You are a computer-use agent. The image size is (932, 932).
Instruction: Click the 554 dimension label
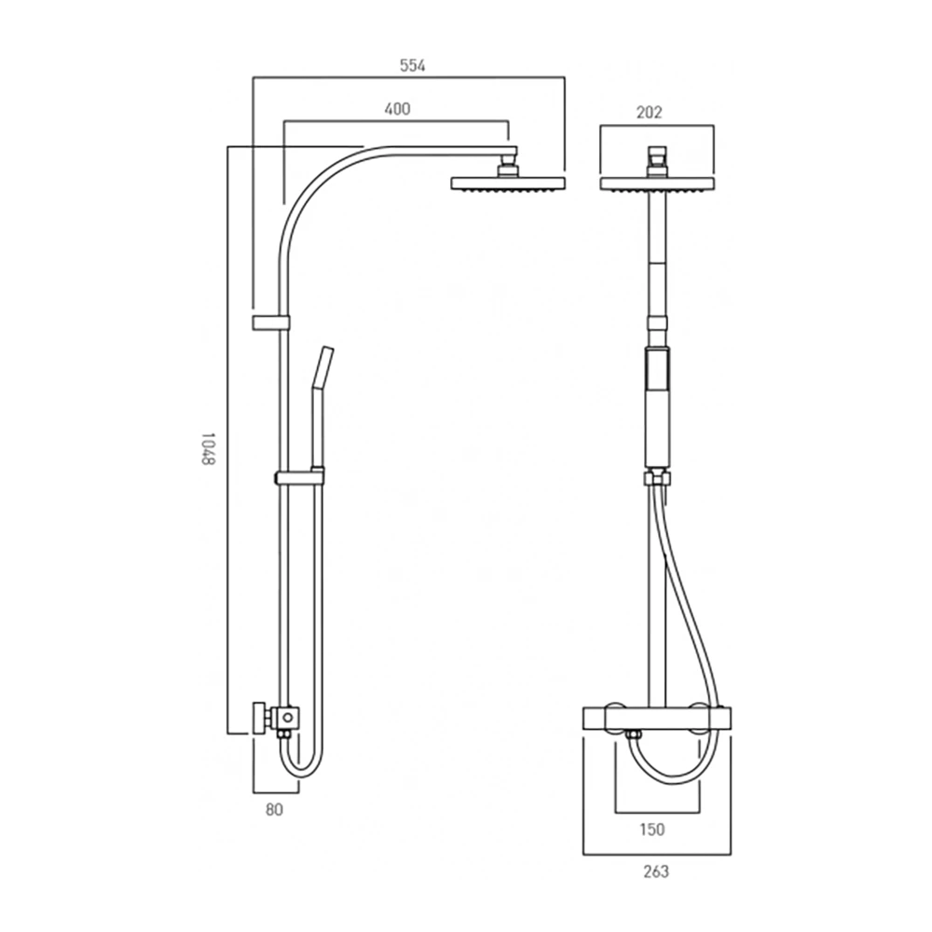(413, 65)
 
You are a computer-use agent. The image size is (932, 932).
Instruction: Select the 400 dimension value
(397, 109)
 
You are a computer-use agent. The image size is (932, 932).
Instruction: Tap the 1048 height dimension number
(206, 449)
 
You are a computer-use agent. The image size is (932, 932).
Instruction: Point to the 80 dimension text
(274, 810)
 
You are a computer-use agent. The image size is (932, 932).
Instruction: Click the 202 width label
(649, 112)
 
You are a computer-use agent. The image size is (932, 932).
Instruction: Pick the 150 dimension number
(652, 829)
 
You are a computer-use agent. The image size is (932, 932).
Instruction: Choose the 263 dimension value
(655, 871)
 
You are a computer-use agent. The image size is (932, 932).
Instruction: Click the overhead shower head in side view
(508, 184)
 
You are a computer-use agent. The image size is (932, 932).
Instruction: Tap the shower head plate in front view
(657, 184)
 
